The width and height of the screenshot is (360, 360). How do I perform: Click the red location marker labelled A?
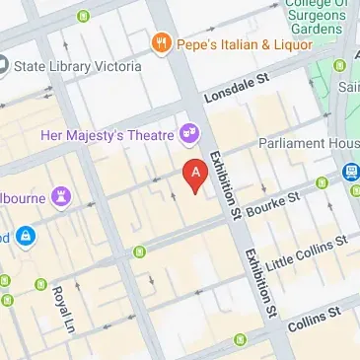pos(196,174)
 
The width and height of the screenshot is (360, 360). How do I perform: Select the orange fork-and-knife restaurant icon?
pos(160,43)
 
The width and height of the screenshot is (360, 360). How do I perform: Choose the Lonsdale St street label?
pos(237,92)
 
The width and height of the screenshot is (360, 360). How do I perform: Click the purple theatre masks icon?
pos(186,131)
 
